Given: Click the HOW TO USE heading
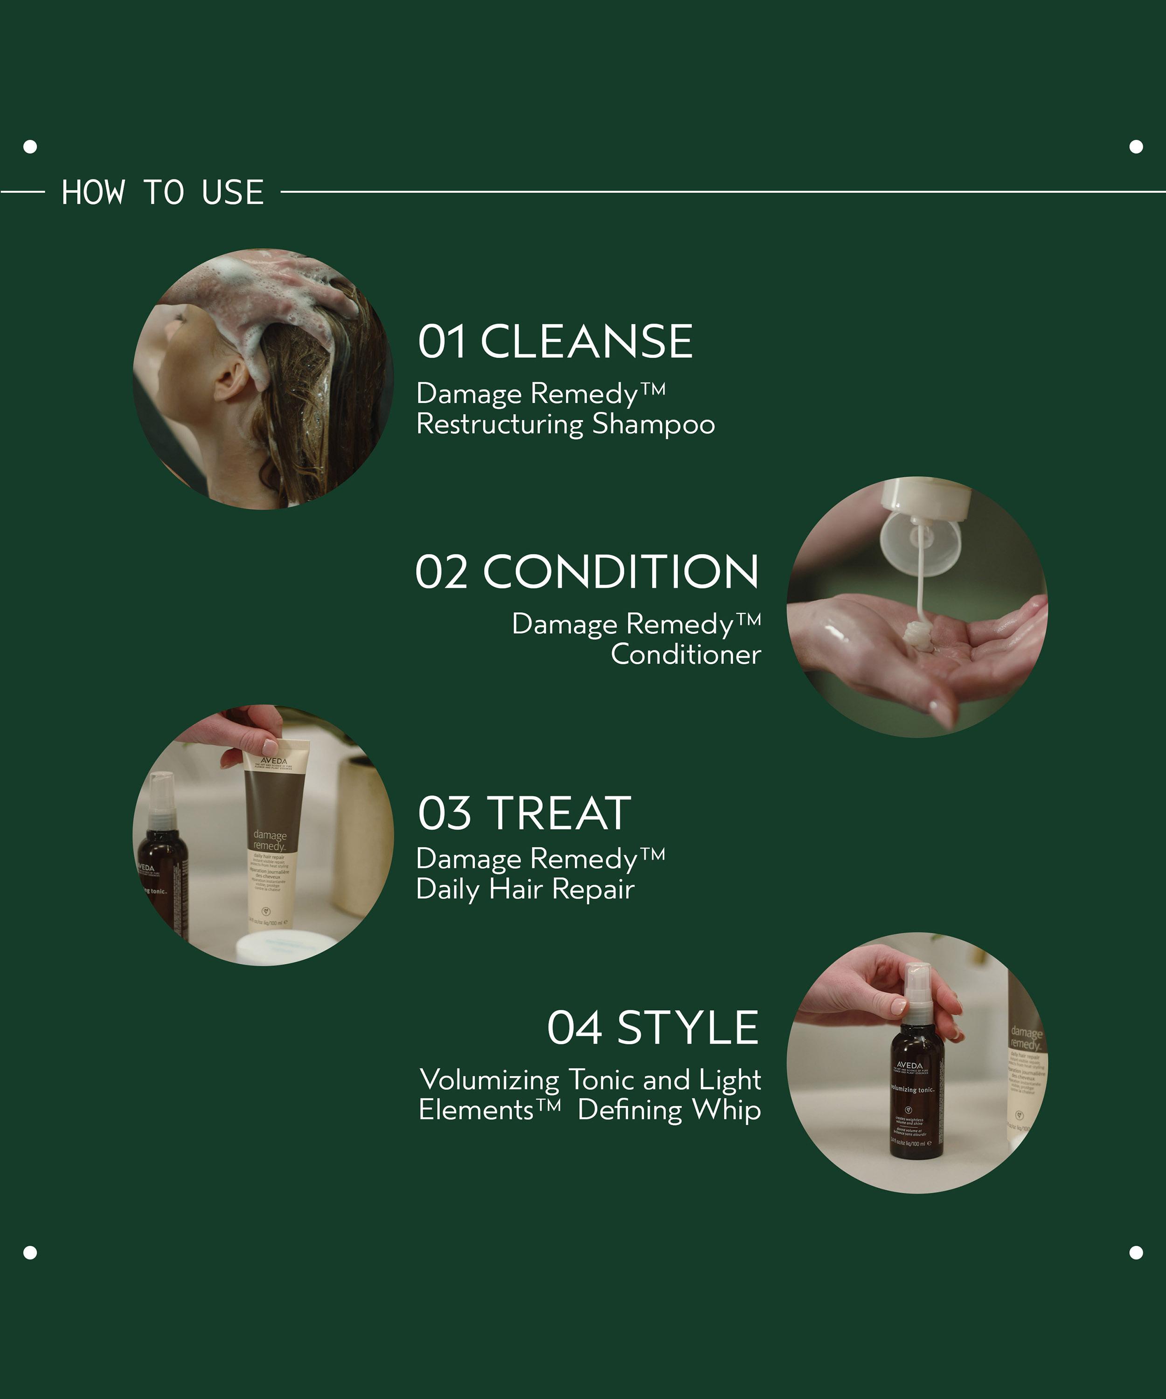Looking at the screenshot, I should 163,193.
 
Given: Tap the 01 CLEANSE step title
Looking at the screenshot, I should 555,342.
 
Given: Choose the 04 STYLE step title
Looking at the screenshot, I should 652,1027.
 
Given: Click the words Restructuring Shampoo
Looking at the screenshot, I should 565,424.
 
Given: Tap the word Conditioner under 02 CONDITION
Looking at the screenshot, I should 686,654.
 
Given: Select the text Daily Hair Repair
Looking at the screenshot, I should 525,889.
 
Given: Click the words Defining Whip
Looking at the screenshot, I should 669,1110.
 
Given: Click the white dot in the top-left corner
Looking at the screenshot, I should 30,146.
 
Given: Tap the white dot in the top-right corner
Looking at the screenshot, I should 1136,146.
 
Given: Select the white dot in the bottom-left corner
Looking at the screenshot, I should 30,1253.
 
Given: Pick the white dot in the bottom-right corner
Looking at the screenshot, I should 1136,1253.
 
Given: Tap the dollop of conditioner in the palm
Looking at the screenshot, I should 917,633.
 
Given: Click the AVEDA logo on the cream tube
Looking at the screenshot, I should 274,760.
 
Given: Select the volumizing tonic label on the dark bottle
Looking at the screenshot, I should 913,1090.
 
